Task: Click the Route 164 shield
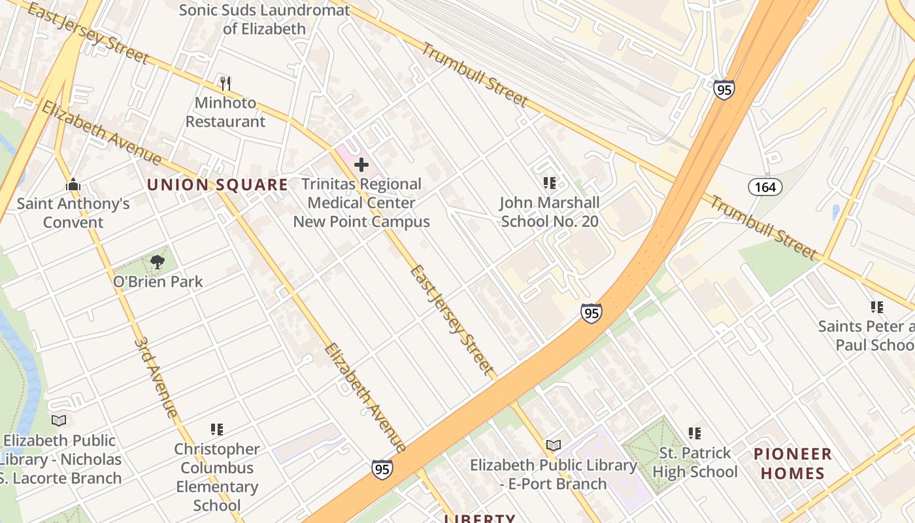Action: (x=765, y=188)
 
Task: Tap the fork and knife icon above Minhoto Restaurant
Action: (x=225, y=84)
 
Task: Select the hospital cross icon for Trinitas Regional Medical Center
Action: (x=361, y=165)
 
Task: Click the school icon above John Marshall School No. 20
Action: (x=549, y=183)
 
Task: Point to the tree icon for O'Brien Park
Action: (x=157, y=263)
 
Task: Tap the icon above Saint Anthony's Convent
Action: (x=73, y=185)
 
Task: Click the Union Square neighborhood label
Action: (x=217, y=185)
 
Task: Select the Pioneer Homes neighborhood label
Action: (x=792, y=463)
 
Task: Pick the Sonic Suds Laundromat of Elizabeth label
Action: (x=264, y=20)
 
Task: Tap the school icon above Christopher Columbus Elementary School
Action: (x=216, y=430)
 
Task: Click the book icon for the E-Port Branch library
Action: (x=554, y=446)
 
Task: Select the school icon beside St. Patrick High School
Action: (x=694, y=433)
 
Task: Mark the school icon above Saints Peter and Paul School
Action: (x=876, y=307)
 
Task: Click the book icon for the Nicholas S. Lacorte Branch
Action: (x=59, y=420)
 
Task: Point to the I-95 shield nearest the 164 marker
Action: (x=724, y=90)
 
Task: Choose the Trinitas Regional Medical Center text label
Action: (x=361, y=203)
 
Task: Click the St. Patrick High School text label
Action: (x=694, y=462)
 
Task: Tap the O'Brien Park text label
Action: (x=158, y=282)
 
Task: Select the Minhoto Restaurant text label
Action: (x=225, y=112)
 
